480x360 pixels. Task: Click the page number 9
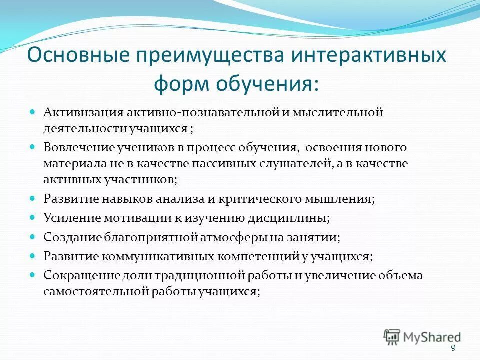coord(453,348)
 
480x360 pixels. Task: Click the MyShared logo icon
coord(392,336)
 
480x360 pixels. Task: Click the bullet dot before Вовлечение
coord(32,148)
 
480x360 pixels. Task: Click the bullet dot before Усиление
coord(32,218)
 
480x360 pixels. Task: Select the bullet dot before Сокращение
coord(32,275)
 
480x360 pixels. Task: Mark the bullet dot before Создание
coord(32,237)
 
